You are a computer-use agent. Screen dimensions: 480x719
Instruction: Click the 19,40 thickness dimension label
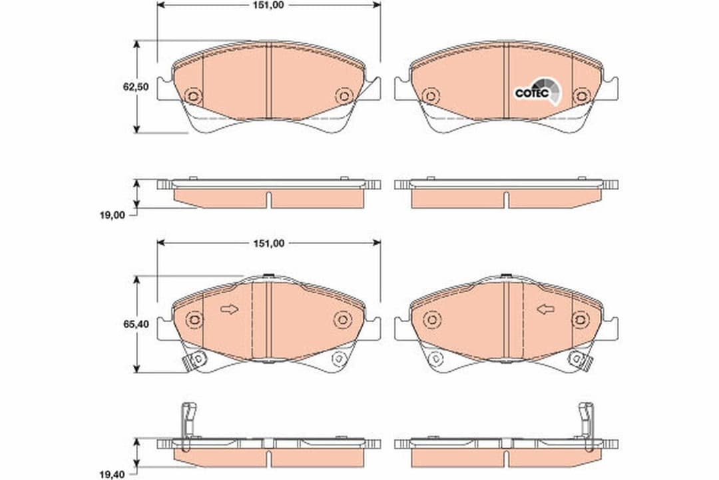[x=112, y=474]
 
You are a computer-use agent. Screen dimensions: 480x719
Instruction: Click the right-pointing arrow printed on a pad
[x=229, y=309]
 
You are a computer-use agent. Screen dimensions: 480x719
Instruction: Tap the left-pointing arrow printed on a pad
[x=546, y=309]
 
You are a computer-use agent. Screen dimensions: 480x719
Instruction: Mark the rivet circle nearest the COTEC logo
[x=582, y=96]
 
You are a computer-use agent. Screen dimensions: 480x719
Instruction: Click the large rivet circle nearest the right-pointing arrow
[x=194, y=320]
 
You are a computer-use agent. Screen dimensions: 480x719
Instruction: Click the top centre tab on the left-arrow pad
[x=506, y=277]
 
